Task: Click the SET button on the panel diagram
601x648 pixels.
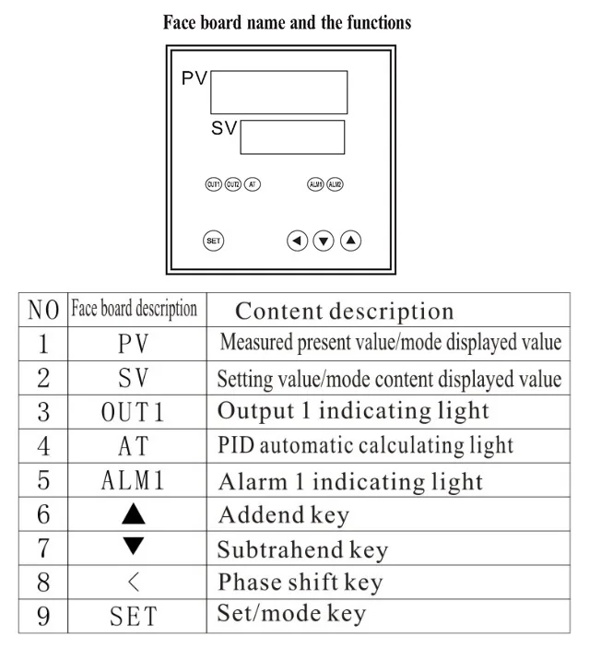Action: [x=213, y=242]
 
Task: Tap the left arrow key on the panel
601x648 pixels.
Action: [x=297, y=242]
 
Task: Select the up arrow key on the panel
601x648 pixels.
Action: [x=351, y=242]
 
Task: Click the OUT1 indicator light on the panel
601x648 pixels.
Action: [x=213, y=184]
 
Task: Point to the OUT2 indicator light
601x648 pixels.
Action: [x=233, y=184]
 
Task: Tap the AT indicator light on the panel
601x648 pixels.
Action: [x=253, y=184]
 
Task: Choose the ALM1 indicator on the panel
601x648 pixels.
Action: [x=316, y=184]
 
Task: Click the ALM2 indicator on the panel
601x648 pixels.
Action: [x=336, y=184]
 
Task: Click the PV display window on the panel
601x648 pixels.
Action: [x=278, y=92]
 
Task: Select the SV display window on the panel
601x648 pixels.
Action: [x=292, y=136]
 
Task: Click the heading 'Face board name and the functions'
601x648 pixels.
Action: [x=288, y=22]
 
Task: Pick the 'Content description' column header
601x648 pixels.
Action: [x=344, y=312]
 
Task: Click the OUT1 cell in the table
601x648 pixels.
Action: [x=134, y=412]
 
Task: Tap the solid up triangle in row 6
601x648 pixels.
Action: [x=134, y=514]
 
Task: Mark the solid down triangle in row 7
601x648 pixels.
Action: [x=134, y=547]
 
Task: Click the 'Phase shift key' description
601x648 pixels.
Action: [x=300, y=583]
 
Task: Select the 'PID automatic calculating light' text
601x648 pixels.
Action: [x=365, y=445]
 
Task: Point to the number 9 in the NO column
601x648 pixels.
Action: [x=42, y=616]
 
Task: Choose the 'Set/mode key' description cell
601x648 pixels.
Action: [x=291, y=614]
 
